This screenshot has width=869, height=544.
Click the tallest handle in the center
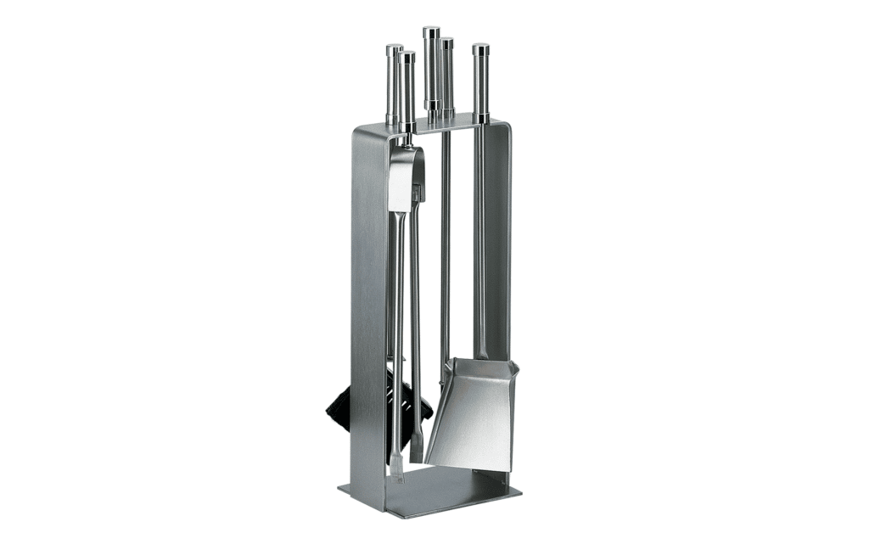(432, 68)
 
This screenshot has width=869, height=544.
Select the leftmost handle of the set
(394, 85)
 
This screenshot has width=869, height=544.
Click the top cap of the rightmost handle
(481, 48)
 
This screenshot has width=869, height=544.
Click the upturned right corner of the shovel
(514, 367)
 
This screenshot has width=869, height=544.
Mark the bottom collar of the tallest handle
(432, 105)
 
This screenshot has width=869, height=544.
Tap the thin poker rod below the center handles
(445, 255)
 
